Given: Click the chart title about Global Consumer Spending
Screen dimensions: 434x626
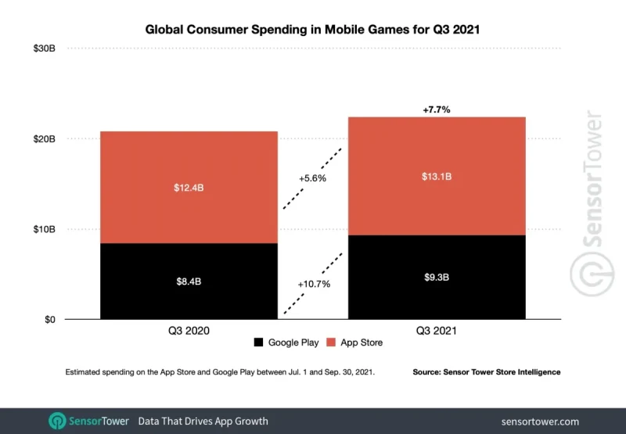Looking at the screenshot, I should (313, 30).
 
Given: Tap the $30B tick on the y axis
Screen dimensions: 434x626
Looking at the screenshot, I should (44, 48).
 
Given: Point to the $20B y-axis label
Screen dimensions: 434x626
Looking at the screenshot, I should (44, 139).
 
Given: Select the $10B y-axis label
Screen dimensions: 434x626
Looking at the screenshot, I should (44, 229).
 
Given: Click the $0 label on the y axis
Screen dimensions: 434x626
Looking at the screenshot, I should (49, 320).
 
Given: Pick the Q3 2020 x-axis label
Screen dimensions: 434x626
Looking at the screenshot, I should (189, 331).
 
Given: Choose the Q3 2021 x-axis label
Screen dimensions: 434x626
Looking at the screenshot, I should (437, 331).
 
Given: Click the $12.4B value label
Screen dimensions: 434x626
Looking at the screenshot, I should (189, 188).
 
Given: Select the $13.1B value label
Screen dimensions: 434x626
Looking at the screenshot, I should (437, 177).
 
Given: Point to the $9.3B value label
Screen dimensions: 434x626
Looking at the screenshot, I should (437, 277).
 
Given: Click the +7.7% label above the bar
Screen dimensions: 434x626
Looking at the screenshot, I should (437, 110).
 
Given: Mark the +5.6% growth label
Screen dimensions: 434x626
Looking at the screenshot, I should (312, 178).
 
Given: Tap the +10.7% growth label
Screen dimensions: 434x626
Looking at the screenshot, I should (314, 284).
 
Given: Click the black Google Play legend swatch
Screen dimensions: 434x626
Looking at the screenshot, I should (258, 343).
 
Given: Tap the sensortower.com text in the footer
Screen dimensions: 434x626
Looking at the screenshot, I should (541, 421).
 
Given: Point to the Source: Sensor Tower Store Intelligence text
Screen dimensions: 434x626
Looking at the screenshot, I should (486, 372).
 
